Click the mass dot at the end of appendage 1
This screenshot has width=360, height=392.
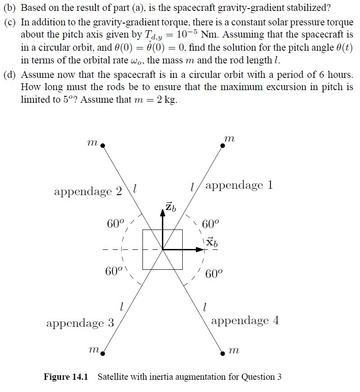point(223,145)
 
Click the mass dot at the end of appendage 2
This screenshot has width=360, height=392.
point(103,146)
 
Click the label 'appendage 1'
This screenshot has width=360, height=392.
point(240,186)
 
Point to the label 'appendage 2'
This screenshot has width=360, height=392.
point(88,191)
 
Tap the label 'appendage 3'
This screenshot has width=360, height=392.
point(80,323)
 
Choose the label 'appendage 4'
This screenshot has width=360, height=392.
point(245,321)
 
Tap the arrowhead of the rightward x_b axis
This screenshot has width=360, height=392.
point(202,249)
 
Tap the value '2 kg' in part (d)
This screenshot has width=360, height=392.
point(167,100)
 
